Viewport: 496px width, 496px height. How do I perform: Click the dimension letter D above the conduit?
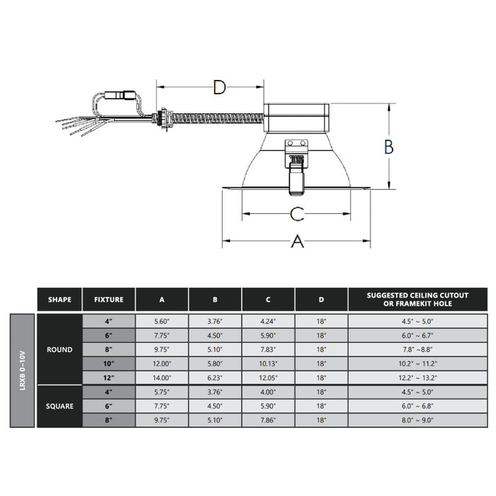click(x=220, y=88)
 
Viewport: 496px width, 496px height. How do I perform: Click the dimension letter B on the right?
click(x=388, y=147)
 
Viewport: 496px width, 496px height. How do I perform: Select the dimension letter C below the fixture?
click(x=297, y=213)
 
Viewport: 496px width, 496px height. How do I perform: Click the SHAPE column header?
click(x=60, y=299)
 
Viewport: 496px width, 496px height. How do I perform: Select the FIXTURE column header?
click(x=108, y=299)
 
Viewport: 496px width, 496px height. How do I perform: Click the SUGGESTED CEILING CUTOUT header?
click(x=417, y=299)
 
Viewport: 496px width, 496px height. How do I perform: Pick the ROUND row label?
click(x=60, y=349)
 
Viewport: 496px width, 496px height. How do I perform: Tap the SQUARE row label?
click(x=60, y=406)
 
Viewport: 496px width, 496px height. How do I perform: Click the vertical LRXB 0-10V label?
click(x=23, y=370)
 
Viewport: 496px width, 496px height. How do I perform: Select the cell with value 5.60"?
click(x=162, y=321)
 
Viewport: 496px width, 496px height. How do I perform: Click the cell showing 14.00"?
click(x=162, y=378)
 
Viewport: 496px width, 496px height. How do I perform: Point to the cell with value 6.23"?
click(x=215, y=378)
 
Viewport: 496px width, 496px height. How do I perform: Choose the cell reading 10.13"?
click(x=269, y=363)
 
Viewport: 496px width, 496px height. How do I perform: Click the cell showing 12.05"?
click(x=269, y=378)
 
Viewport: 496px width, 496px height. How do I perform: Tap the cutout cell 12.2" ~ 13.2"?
click(x=417, y=378)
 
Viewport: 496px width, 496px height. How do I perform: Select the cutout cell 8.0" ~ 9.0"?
click(x=417, y=420)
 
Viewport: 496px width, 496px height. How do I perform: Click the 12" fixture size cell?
click(x=108, y=378)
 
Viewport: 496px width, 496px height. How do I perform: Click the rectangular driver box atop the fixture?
click(x=296, y=118)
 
